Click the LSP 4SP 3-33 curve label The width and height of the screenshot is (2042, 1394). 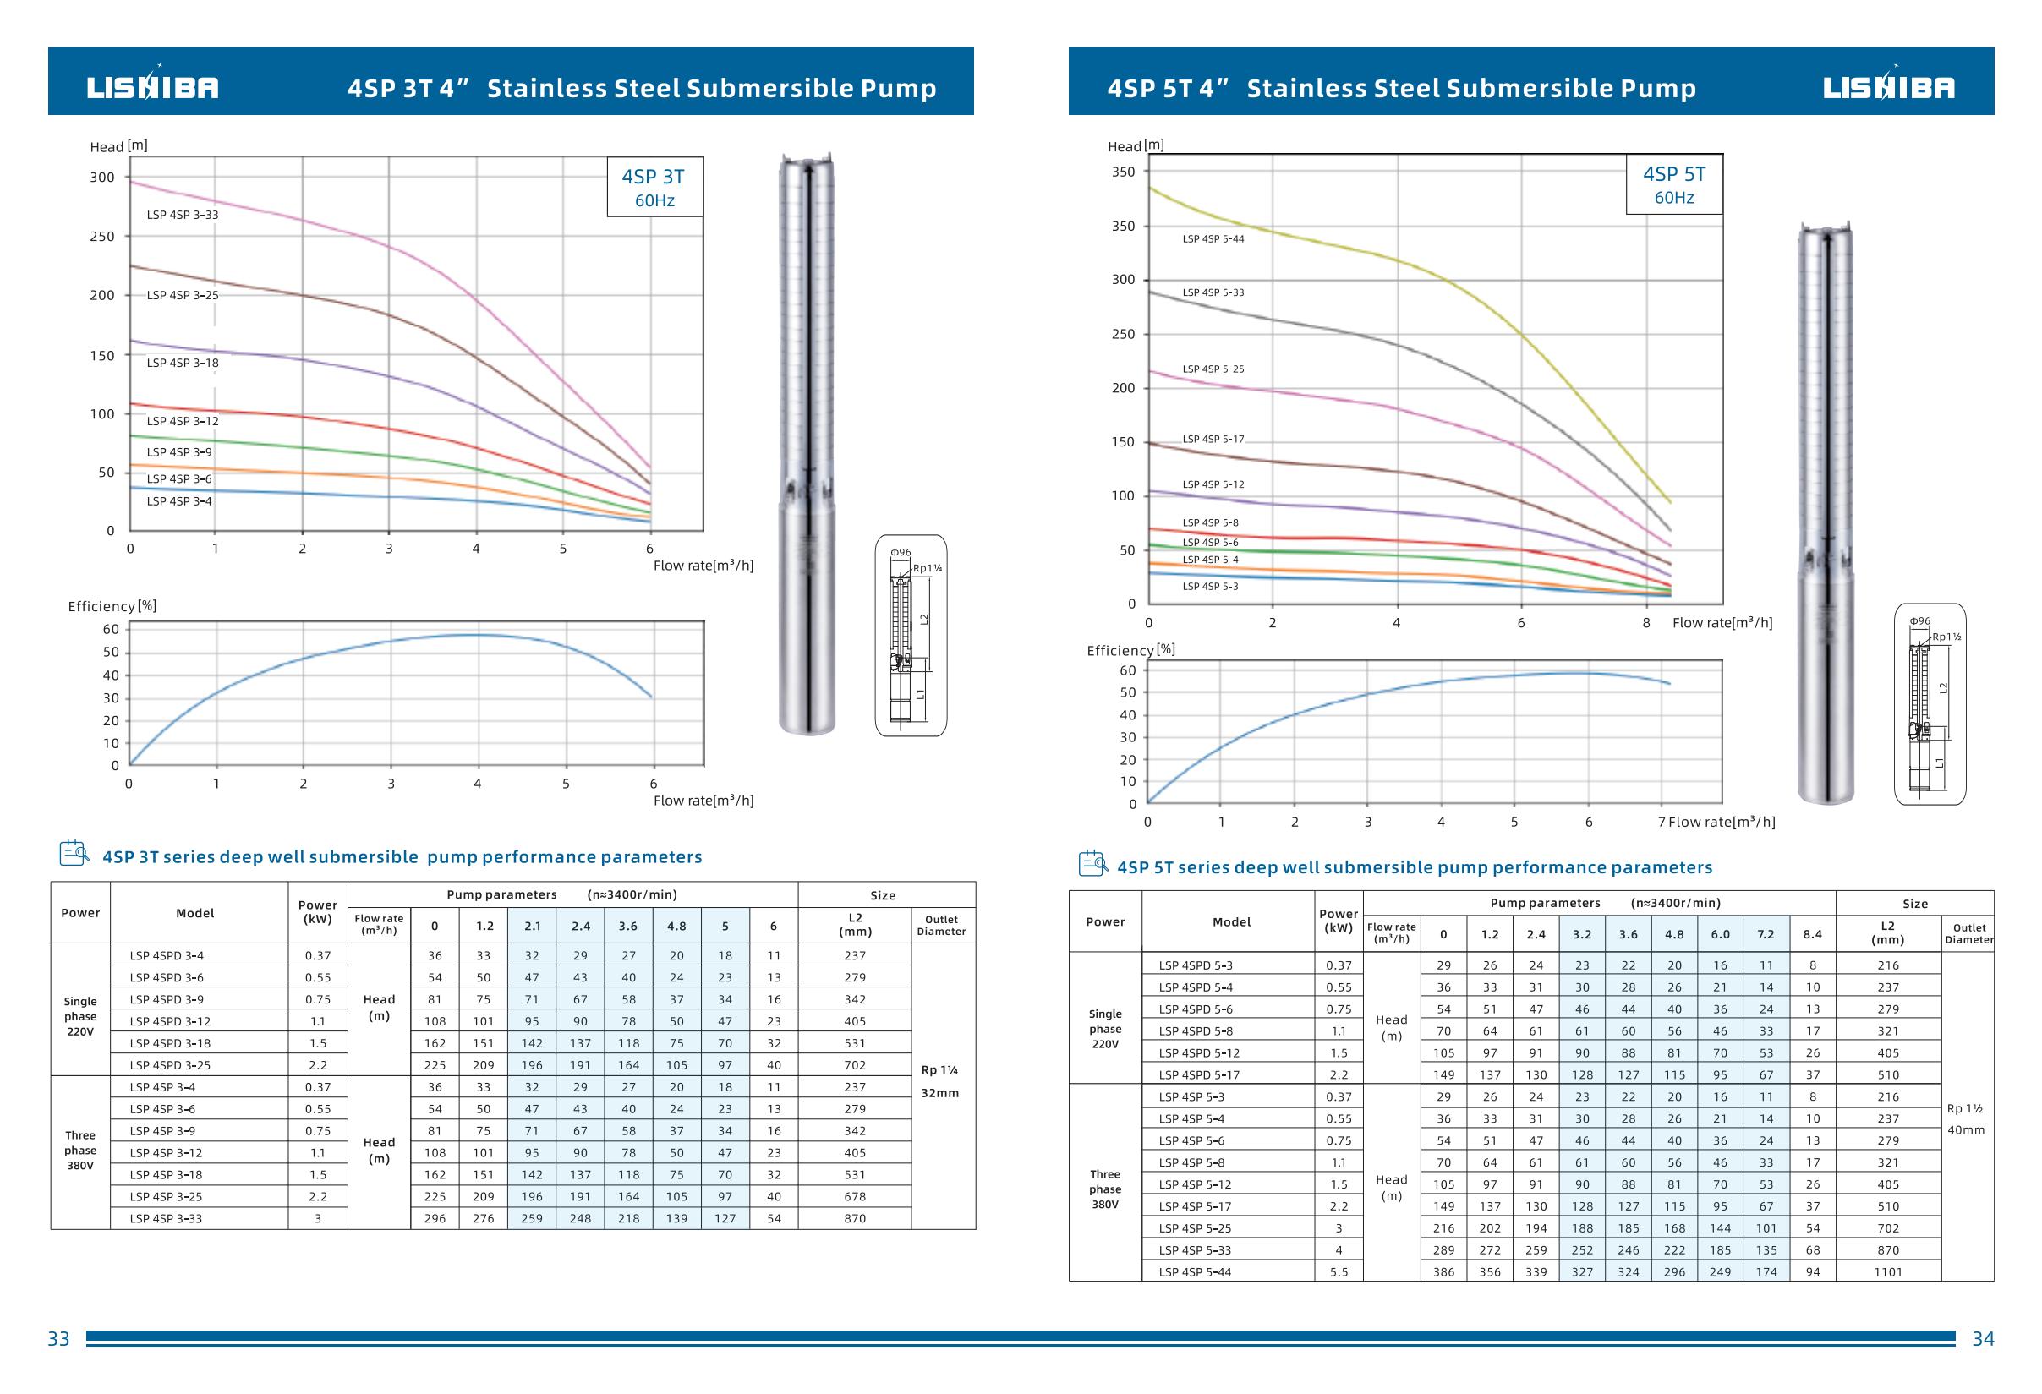182,216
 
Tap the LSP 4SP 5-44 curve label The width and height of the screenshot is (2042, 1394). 1213,239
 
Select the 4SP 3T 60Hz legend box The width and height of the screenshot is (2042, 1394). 654,187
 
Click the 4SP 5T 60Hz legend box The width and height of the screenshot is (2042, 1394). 1674,184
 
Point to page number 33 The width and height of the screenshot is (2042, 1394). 58,1339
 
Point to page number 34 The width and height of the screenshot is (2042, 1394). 1983,1339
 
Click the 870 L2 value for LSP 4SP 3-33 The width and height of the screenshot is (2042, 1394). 854,1219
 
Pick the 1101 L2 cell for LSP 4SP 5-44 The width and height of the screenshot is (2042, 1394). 1887,1272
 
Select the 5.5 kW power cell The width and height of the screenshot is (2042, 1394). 1339,1272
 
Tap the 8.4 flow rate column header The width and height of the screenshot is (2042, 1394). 1812,935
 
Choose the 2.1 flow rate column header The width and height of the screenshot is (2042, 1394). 533,926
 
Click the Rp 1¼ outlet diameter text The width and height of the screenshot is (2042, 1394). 939,1071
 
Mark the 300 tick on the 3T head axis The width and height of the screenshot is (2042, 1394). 102,178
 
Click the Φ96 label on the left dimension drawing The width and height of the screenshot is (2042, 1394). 901,553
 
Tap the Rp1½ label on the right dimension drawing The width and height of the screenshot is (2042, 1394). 1946,637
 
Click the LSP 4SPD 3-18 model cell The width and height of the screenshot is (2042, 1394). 170,1043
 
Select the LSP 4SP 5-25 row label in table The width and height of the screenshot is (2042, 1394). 1195,1228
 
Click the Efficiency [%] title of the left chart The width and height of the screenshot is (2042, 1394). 112,606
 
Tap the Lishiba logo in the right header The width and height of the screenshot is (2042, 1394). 1888,87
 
